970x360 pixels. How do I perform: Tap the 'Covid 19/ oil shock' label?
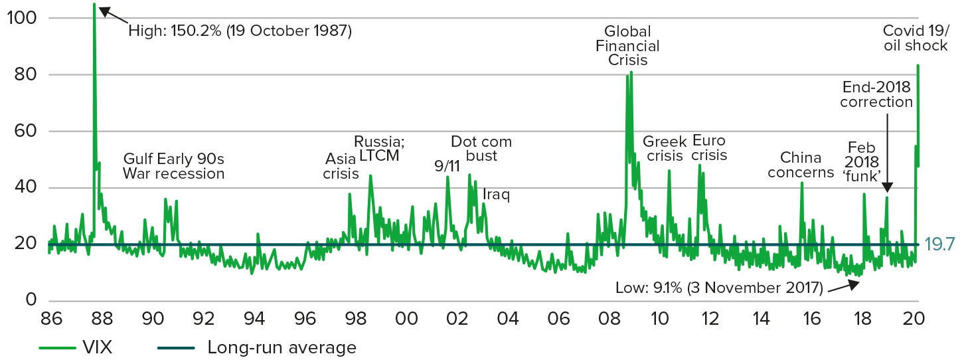click(x=915, y=39)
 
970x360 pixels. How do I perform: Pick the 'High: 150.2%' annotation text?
click(x=239, y=30)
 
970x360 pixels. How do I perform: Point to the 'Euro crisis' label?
click(x=709, y=148)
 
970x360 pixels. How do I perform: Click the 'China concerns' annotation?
click(x=805, y=165)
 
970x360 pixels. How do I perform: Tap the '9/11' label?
click(x=447, y=166)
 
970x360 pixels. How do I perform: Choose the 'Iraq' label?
click(x=496, y=195)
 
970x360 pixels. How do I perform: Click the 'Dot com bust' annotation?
click(x=481, y=149)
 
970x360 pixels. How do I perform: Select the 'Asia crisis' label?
click(x=341, y=166)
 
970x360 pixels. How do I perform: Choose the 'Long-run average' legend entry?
click(x=281, y=347)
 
